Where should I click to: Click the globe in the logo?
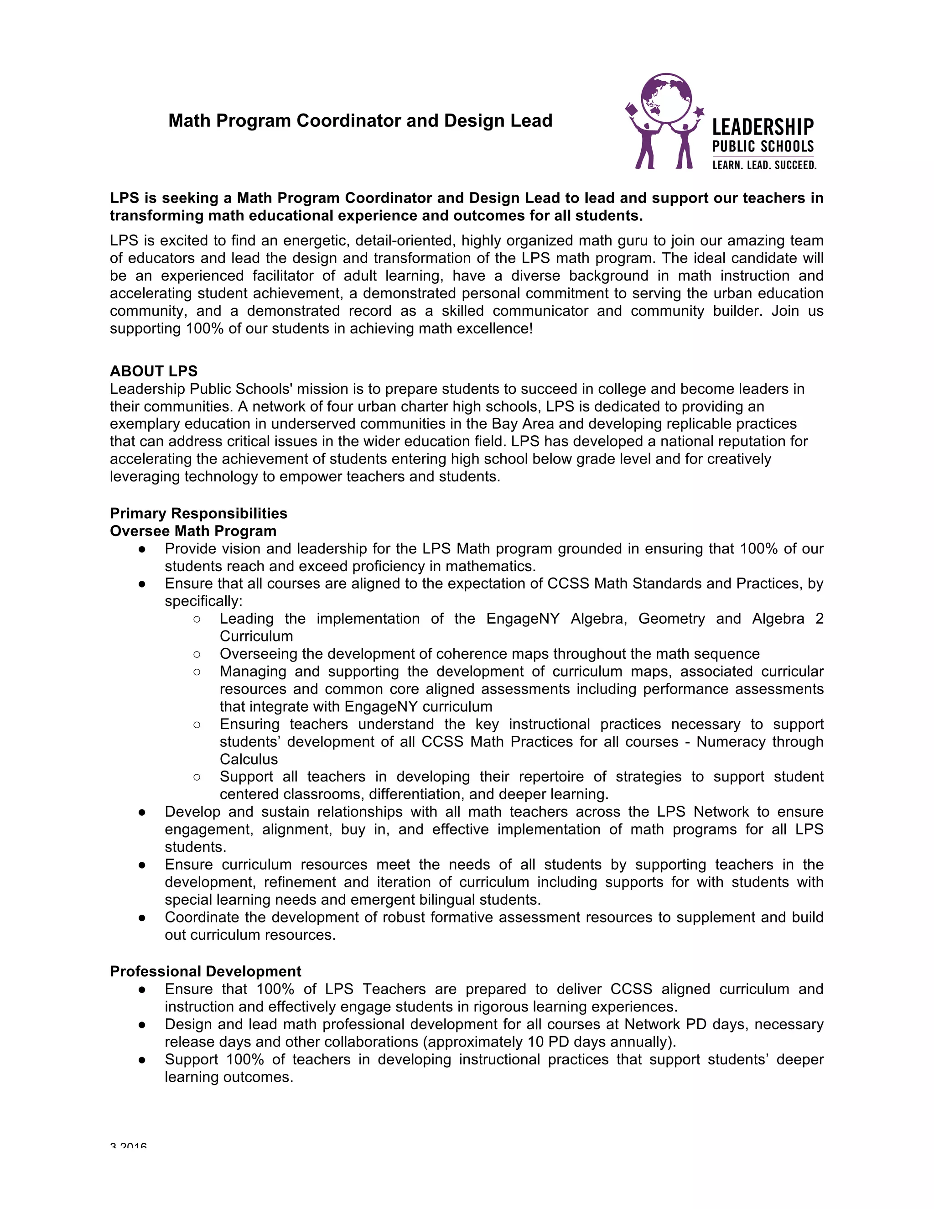click(x=666, y=98)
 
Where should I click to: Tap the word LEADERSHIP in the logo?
click(x=763, y=128)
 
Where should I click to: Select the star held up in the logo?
click(x=699, y=111)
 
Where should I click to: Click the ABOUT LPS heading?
click(x=153, y=371)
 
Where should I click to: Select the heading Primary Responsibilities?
click(x=198, y=513)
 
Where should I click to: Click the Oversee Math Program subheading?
click(x=192, y=531)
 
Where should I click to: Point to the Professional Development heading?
click(x=205, y=971)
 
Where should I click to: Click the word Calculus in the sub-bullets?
click(x=249, y=760)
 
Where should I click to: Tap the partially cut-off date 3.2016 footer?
click(x=128, y=1146)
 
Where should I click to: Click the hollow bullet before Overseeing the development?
click(x=197, y=654)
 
